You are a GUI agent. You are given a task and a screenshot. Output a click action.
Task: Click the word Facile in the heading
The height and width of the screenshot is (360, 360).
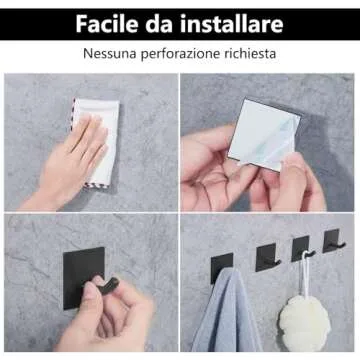coord(107,24)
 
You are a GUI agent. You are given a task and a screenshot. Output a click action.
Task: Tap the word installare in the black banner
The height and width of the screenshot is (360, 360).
coord(232,24)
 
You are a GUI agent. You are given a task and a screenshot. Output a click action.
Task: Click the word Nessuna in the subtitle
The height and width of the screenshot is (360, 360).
coord(110,53)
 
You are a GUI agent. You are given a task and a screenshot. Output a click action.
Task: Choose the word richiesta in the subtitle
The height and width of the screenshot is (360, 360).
coord(250,53)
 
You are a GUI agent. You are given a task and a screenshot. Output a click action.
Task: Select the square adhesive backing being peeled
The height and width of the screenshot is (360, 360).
coord(263,134)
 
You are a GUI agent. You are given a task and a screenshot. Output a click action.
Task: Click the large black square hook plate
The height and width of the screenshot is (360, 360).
coord(83,278)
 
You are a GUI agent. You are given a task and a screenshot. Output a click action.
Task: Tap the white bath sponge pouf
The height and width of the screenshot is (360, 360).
coord(304,323)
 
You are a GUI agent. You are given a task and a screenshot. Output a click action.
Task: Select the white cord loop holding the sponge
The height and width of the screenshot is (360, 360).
coord(304,273)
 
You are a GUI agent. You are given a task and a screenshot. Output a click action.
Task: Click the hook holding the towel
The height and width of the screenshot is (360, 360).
coord(222,268)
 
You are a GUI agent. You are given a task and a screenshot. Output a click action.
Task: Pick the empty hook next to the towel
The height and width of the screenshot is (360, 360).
coord(267,257)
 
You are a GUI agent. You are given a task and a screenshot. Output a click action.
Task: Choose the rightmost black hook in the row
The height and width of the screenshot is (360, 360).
coord(333,241)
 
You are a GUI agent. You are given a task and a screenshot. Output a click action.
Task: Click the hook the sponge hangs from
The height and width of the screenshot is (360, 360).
coord(302,249)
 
